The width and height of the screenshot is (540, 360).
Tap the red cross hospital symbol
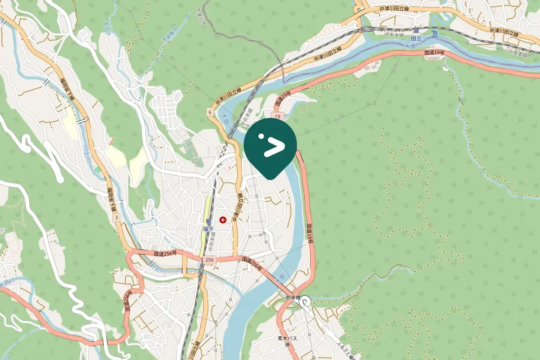(x=223, y=219)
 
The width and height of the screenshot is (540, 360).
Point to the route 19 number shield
(x=278, y=116)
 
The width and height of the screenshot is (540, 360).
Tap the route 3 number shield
(x=116, y=217)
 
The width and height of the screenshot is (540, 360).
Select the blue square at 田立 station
(x=417, y=31)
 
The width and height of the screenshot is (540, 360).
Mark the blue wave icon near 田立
(x=434, y=34)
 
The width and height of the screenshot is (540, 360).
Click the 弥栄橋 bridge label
(x=293, y=297)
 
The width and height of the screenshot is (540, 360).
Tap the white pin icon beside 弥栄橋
(x=306, y=300)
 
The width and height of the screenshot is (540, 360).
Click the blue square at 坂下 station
(x=208, y=221)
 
